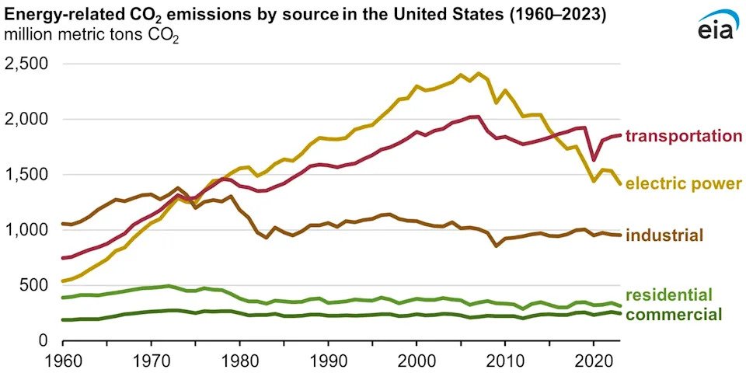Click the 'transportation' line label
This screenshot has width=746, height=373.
click(x=684, y=136)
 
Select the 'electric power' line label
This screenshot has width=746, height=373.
click(x=684, y=184)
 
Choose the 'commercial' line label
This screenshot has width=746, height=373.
click(x=673, y=315)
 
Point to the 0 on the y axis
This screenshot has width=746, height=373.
click(x=44, y=340)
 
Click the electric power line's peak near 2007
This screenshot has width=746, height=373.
click(x=479, y=74)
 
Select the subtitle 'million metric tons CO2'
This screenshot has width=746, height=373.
click(x=92, y=35)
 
